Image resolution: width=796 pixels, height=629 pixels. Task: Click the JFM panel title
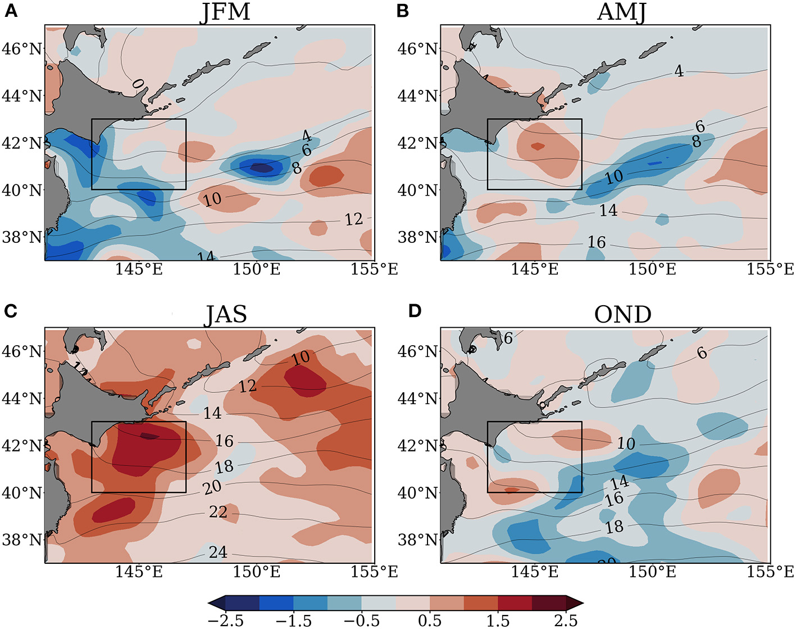pos(225,12)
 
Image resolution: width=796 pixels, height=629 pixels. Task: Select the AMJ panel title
pos(621,12)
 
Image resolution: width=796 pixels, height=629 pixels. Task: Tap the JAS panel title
pos(225,314)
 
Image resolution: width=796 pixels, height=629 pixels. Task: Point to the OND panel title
pos(622,314)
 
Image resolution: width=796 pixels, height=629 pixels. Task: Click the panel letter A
pos(11,11)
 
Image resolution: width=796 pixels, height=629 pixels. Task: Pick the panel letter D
pos(415,311)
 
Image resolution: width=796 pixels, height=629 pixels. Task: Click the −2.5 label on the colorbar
pos(225,620)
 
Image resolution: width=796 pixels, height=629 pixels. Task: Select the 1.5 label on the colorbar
pos(498,620)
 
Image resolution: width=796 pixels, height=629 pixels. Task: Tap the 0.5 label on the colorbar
pos(430,620)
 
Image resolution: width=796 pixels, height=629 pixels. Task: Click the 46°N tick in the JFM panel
pos(22,49)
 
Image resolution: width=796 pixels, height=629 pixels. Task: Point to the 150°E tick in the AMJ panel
pos(652,269)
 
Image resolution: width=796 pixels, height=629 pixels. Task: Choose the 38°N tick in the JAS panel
pos(22,540)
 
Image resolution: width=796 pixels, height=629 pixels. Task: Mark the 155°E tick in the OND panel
pos(770,572)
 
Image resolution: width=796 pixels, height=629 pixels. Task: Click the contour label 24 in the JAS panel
pos(218,553)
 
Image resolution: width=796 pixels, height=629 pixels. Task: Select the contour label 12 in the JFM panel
pos(353,219)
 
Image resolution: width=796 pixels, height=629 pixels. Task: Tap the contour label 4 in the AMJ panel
pos(679,71)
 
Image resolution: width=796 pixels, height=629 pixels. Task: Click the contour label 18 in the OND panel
pos(614,527)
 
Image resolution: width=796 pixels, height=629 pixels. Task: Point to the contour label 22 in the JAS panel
pos(218,512)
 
